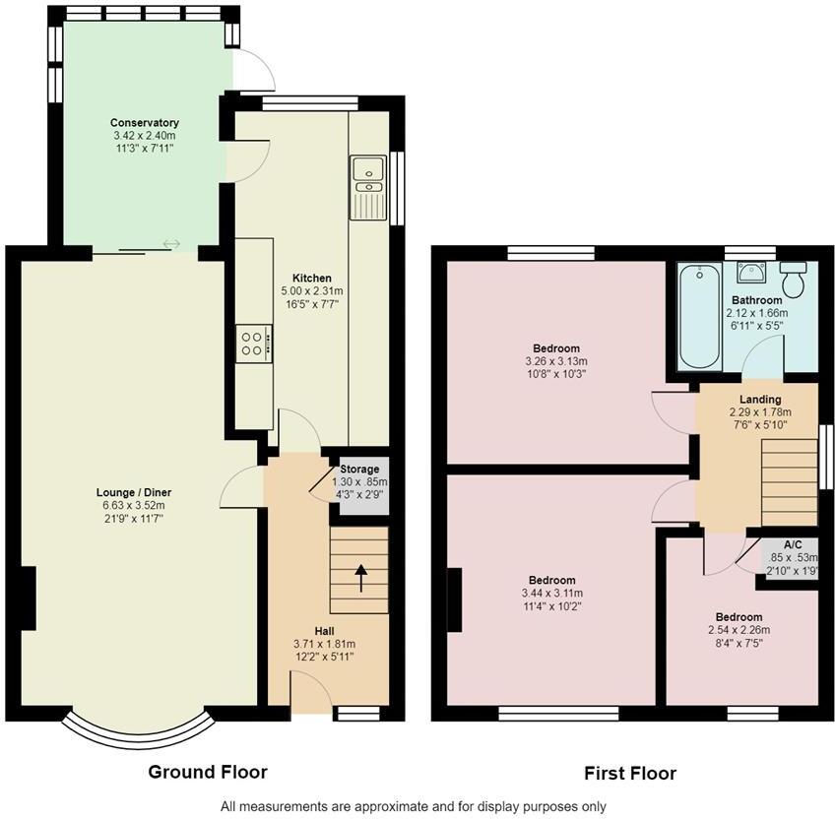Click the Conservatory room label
(145, 123)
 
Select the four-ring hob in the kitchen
(254, 344)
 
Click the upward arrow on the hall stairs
(361, 578)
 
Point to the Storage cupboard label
(359, 470)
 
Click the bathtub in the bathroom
(700, 316)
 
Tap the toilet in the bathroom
(793, 279)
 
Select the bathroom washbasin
(751, 272)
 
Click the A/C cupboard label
(793, 544)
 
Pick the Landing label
(760, 400)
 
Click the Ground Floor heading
(208, 772)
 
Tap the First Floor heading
(630, 773)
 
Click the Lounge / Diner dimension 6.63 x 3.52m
(134, 505)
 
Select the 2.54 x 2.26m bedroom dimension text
(739, 630)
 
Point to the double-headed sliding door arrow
(171, 244)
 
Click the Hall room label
(324, 631)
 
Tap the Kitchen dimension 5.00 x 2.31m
(312, 291)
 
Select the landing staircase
(789, 482)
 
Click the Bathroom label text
(756, 300)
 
